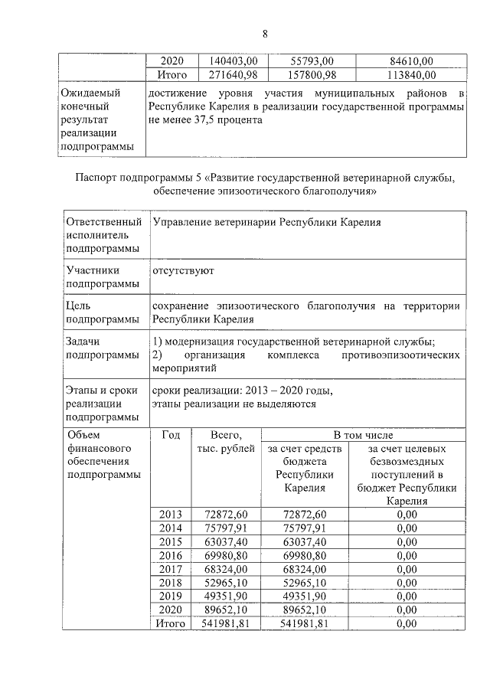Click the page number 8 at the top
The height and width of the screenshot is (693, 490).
(265, 34)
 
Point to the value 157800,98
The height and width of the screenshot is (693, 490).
(305, 74)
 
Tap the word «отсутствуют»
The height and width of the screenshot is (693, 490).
(183, 270)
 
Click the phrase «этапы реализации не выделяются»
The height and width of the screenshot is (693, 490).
(234, 404)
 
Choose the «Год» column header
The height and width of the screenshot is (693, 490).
(171, 434)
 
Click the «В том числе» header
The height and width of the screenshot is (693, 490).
(363, 434)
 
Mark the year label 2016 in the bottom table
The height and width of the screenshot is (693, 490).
(171, 555)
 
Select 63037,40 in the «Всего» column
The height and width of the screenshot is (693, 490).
(226, 541)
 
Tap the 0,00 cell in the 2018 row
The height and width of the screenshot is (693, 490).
(407, 583)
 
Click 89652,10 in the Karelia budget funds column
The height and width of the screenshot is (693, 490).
(305, 610)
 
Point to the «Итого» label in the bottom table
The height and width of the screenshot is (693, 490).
(171, 624)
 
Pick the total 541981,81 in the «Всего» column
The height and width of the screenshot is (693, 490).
(226, 624)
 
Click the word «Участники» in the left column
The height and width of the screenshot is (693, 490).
(93, 270)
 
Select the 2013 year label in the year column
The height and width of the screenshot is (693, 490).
(171, 514)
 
